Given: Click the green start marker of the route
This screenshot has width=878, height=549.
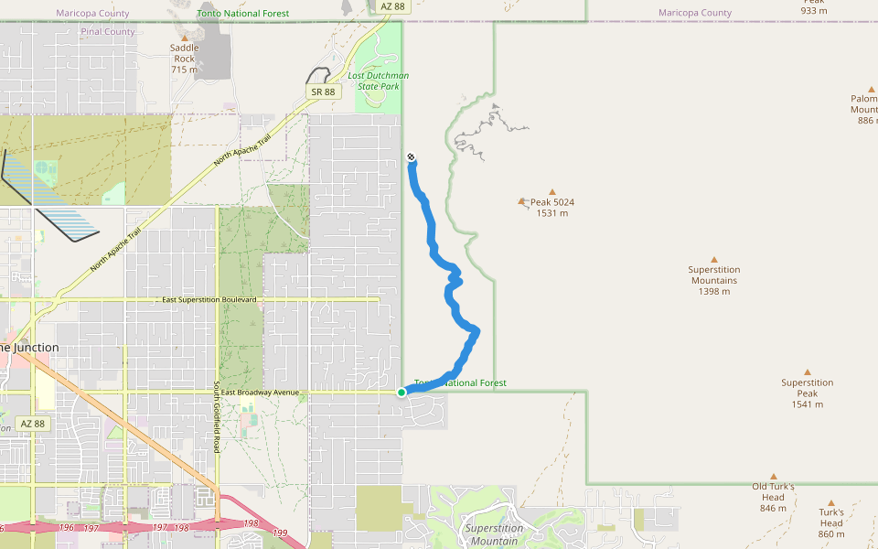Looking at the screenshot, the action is pyautogui.click(x=402, y=393).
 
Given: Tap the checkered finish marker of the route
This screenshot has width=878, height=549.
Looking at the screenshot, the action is pyautogui.click(x=412, y=157).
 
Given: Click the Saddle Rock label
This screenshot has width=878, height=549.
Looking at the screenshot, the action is pyautogui.click(x=184, y=59).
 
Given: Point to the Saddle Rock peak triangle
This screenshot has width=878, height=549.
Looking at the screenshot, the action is pyautogui.click(x=184, y=38).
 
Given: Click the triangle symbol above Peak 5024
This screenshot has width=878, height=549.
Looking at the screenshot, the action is pyautogui.click(x=552, y=192).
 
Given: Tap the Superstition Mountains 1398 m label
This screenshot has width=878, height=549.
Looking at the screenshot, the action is pyautogui.click(x=714, y=280).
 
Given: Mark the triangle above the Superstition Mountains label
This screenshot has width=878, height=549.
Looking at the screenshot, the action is pyautogui.click(x=714, y=260).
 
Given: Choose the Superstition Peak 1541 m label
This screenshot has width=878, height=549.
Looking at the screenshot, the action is pyautogui.click(x=807, y=393).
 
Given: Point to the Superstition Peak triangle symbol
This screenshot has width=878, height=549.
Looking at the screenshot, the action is pyautogui.click(x=808, y=372).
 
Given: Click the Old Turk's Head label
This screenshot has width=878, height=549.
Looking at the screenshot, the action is pyautogui.click(x=773, y=497).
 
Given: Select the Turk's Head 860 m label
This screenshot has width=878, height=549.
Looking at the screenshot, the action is pyautogui.click(x=831, y=522).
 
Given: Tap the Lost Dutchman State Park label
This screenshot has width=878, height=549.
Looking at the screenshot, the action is pyautogui.click(x=378, y=81).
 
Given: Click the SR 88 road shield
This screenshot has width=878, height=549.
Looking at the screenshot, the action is pyautogui.click(x=323, y=91).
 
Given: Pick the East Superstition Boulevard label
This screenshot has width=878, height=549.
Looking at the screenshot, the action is pyautogui.click(x=209, y=300).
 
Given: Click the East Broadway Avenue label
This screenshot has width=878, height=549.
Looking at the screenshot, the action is pyautogui.click(x=261, y=393).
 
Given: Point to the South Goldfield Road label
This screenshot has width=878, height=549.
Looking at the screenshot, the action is pyautogui.click(x=217, y=417).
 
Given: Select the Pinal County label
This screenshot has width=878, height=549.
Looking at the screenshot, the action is pyautogui.click(x=108, y=31).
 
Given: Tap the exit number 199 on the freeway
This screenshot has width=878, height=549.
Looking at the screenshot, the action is pyautogui.click(x=280, y=533).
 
